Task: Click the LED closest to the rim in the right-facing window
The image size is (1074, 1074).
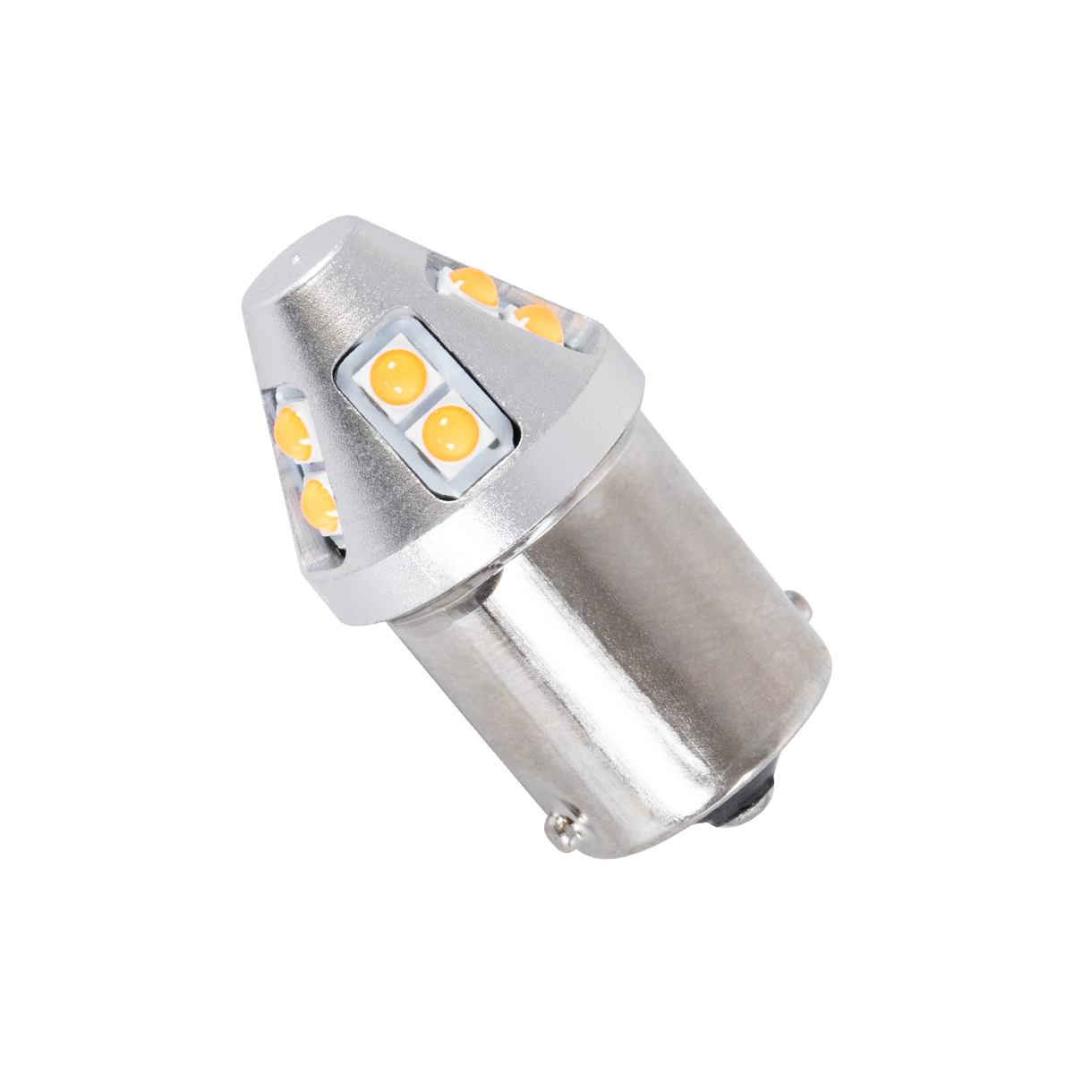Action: click(x=538, y=324)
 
